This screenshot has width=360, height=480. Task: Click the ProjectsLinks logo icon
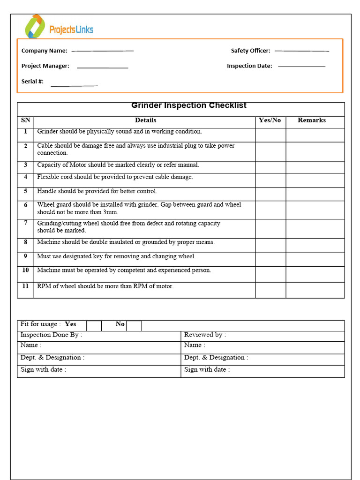tap(35, 27)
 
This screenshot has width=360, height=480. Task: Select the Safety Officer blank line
tap(301, 51)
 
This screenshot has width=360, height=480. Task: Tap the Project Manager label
tap(45, 66)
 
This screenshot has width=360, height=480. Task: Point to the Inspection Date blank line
tap(301, 66)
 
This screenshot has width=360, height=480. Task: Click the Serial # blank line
tap(74, 86)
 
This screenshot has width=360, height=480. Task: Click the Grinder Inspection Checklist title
tap(188, 105)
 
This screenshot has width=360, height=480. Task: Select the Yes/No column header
tap(270, 120)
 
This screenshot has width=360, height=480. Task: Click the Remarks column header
tap(312, 120)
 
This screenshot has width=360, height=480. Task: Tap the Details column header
tap(145, 120)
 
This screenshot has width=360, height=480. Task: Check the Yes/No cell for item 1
tap(270, 135)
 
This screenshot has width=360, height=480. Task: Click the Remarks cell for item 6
tap(315, 210)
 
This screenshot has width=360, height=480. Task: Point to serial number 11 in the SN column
tap(25, 286)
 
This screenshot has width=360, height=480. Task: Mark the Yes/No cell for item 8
tap(270, 245)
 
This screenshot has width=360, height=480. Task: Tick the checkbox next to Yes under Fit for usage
tap(94, 326)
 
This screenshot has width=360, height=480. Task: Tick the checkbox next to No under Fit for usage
tap(134, 326)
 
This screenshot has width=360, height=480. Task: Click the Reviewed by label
tap(205, 335)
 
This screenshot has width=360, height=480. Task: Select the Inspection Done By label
tap(51, 335)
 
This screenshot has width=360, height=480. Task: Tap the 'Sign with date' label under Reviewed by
tap(207, 369)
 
